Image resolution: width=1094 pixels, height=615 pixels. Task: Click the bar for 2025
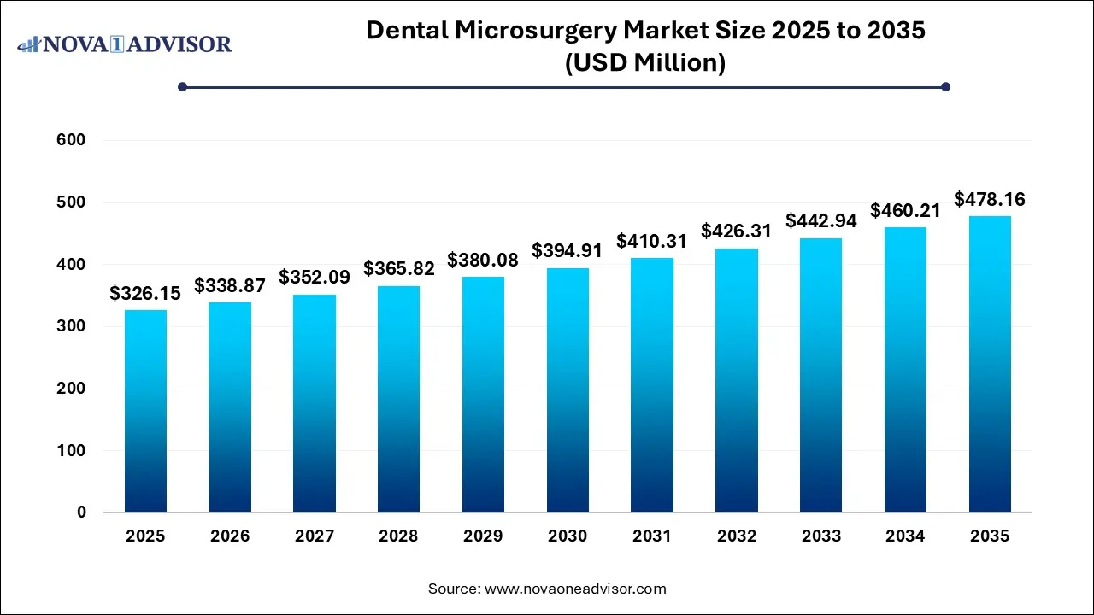pos(145,411)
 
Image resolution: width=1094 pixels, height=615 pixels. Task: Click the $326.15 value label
pos(145,294)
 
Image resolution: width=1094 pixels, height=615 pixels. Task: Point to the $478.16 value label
pos(990,200)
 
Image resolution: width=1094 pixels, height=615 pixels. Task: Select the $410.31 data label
pos(652,242)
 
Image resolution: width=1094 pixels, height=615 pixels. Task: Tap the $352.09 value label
pos(315,278)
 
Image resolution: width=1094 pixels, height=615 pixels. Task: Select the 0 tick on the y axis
pos(81,512)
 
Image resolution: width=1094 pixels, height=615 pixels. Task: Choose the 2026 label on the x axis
pos(230,536)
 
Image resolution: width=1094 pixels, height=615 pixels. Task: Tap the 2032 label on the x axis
pos(737,536)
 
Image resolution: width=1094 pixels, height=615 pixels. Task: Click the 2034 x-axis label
pos(906,536)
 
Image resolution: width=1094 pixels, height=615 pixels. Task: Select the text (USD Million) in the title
pos(645,62)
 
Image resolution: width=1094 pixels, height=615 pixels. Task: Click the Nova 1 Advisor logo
pos(125,44)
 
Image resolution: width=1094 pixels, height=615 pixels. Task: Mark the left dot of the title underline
pos(182,86)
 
